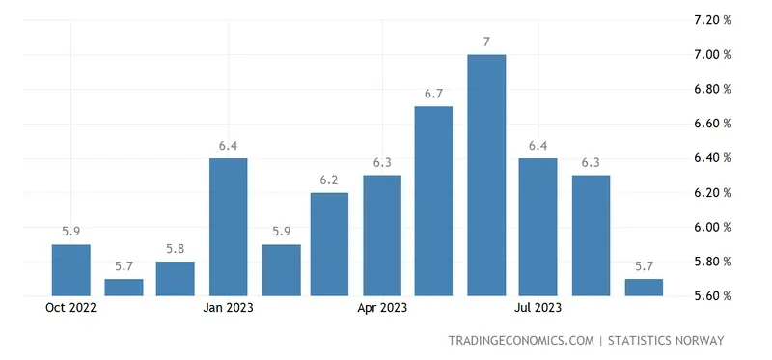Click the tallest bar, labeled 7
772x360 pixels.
pos(486,175)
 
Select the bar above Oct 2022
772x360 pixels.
pos(71,270)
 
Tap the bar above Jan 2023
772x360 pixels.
pos(228,227)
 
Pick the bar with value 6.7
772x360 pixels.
pos(434,201)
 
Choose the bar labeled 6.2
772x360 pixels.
pos(330,244)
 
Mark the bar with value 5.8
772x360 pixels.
pos(176,278)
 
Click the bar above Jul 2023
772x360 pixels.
pos(538,227)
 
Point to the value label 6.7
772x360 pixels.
pos(434,94)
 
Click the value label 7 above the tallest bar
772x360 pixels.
pos(486,42)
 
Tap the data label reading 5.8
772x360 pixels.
pos(176,249)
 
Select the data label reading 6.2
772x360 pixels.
pos(330,180)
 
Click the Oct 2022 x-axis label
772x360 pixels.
pos(72,309)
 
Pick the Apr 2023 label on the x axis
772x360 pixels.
pos(382,309)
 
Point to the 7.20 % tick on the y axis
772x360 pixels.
pos(712,20)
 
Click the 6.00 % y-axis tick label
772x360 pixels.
pos(712,227)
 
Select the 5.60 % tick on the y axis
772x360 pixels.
pos(712,295)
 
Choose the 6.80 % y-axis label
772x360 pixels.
pos(712,89)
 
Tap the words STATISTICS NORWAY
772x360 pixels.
pos(666,341)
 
